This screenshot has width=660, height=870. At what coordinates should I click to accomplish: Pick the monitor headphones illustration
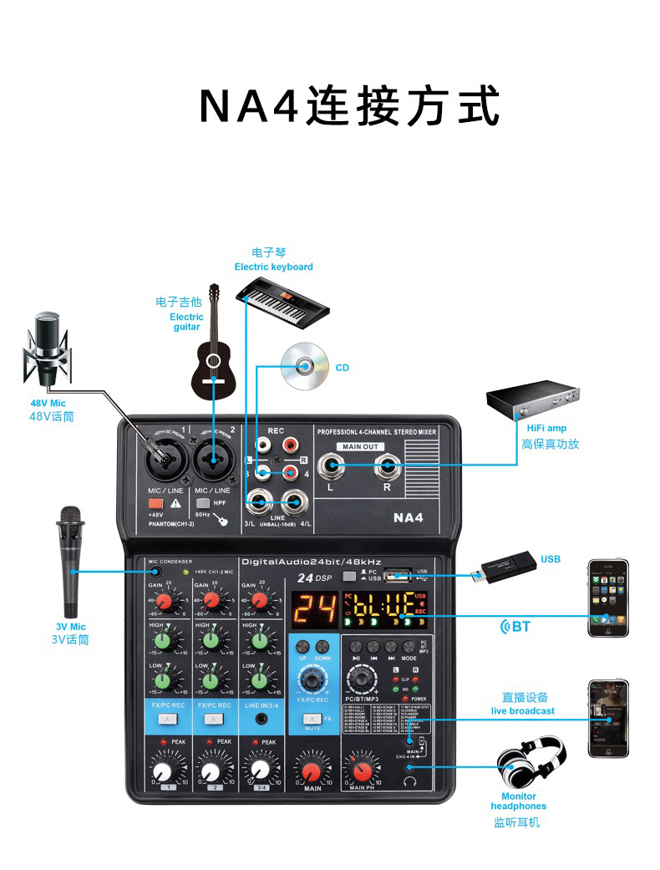pyautogui.click(x=531, y=762)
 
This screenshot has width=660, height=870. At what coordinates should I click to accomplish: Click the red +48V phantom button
pyautogui.click(x=155, y=504)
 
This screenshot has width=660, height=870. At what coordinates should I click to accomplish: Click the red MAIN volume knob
pyautogui.click(x=312, y=768)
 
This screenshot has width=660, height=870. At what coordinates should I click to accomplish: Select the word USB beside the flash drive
pyautogui.click(x=551, y=559)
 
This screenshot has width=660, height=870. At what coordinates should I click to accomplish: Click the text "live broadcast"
pyautogui.click(x=522, y=710)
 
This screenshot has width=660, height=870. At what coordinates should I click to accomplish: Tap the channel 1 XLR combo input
pyautogui.click(x=162, y=459)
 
